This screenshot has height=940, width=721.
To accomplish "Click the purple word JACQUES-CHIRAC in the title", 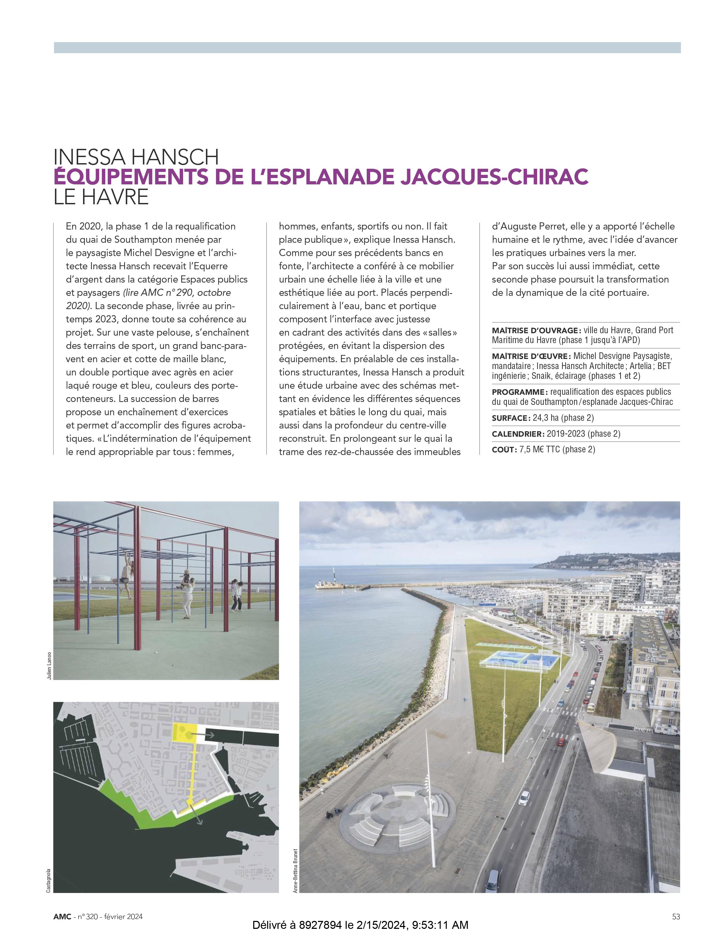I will (x=494, y=177).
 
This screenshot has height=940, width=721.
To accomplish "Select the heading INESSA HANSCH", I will (x=136, y=157).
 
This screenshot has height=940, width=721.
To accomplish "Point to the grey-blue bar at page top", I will (x=367, y=47).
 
